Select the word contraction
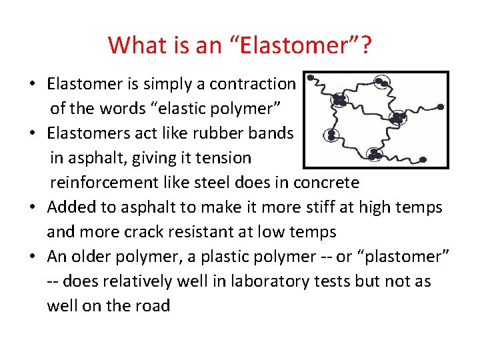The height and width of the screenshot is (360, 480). [252, 84]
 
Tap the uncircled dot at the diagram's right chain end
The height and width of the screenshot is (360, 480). [440, 107]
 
